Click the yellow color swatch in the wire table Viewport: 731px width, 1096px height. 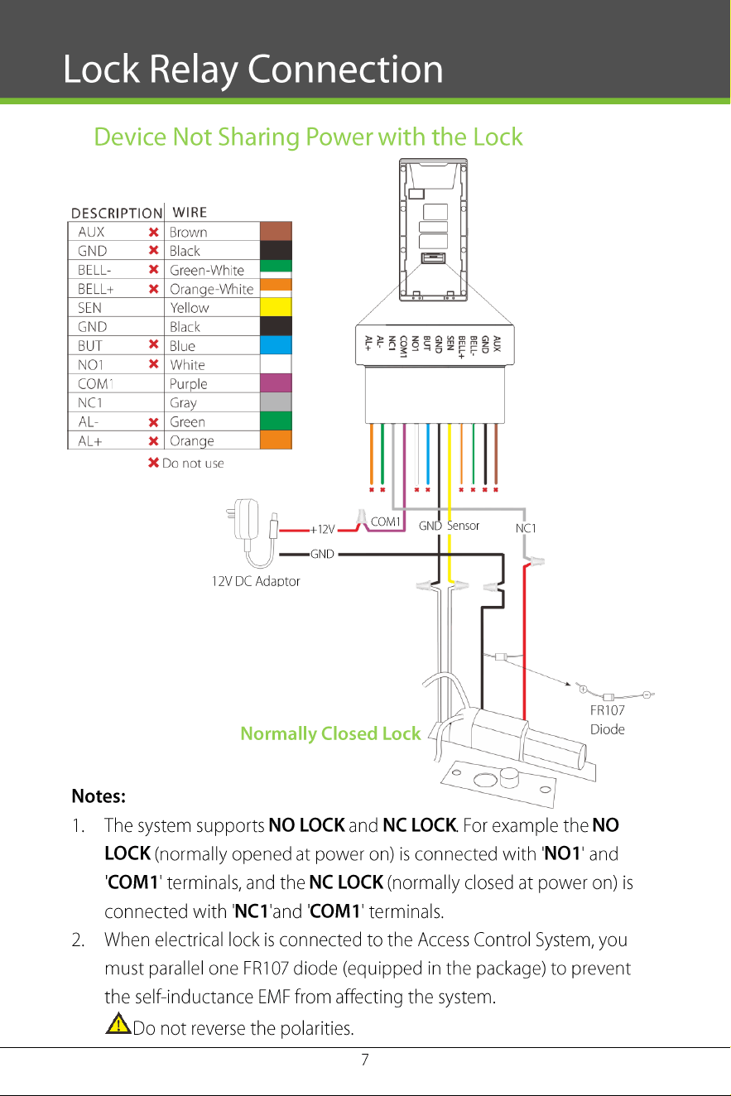[276, 307]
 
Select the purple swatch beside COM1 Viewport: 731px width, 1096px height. [276, 383]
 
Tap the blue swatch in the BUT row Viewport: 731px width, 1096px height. [276, 345]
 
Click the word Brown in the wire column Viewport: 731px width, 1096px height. [189, 232]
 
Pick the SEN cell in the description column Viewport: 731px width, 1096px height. [89, 308]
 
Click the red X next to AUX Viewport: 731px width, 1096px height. [154, 232]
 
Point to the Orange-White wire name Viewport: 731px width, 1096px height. [211, 289]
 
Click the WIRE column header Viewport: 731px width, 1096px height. [190, 213]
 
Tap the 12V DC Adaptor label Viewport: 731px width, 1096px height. [256, 581]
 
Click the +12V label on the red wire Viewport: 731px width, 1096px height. [322, 530]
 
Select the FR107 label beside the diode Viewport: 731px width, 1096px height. [607, 710]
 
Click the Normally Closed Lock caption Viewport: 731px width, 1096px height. [330, 733]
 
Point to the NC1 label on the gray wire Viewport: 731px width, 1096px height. [526, 528]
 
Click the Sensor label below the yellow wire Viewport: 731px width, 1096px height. [463, 526]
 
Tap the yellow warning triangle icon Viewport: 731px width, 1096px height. [118, 1024]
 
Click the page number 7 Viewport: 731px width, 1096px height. [365, 1060]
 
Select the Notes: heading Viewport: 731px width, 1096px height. [99, 796]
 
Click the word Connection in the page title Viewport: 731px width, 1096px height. [345, 70]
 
